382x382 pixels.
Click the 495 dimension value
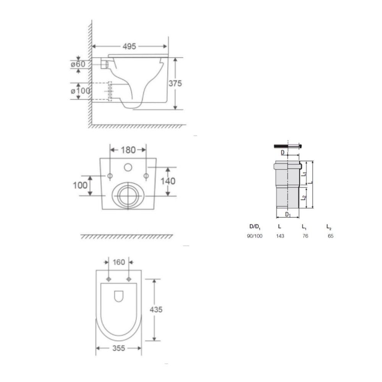point(129,46)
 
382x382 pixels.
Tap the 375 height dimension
point(175,83)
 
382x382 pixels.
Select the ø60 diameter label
point(78,64)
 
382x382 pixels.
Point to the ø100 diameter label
point(80,91)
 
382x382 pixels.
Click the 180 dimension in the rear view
point(128,150)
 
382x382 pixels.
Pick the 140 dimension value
point(168,181)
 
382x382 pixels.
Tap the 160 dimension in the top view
point(119,262)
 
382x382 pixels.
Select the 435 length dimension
point(156,309)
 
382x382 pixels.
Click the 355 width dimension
point(119,348)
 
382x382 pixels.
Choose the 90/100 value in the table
point(254,236)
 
